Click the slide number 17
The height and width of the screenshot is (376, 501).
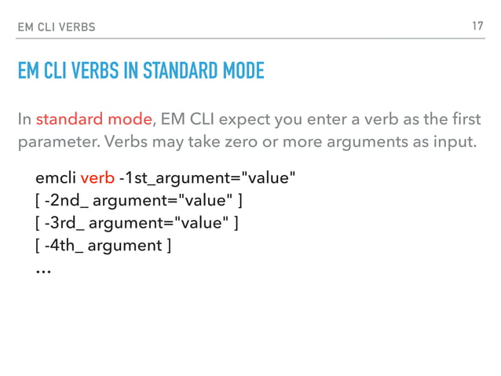click(477, 27)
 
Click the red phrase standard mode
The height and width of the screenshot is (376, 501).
click(93, 120)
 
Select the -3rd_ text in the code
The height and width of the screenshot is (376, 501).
click(66, 224)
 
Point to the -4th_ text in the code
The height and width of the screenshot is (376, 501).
click(66, 246)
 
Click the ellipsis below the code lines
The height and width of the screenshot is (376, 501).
click(43, 269)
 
